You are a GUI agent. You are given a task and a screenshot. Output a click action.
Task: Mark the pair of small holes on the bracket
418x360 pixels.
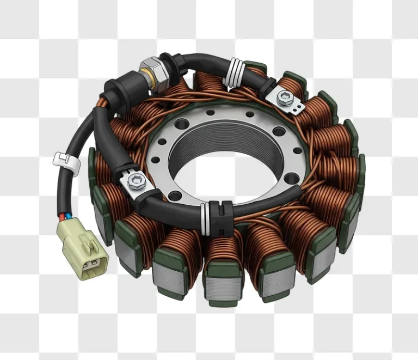[297, 109]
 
